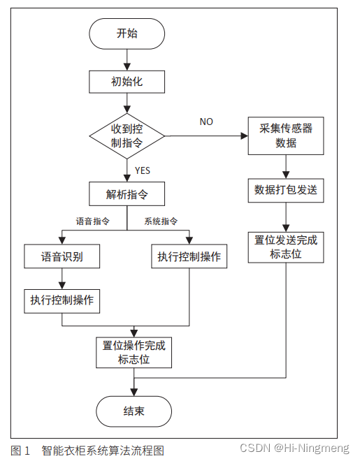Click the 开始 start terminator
[127, 34]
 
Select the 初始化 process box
[127, 82]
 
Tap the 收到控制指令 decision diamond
[127, 136]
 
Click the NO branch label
[206, 122]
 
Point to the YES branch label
[142, 170]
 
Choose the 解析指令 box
[127, 193]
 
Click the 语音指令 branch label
[93, 221]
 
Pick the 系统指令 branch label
[161, 221]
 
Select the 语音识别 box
[62, 256]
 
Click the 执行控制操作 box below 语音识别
[62, 300]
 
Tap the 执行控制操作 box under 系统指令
[189, 256]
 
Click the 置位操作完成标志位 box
[134, 353]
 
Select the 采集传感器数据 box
[286, 136]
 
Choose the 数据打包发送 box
[286, 191]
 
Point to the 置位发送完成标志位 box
[286, 247]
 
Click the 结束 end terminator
[134, 411]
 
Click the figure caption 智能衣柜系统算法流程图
[103, 451]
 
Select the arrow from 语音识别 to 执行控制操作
[62, 278]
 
